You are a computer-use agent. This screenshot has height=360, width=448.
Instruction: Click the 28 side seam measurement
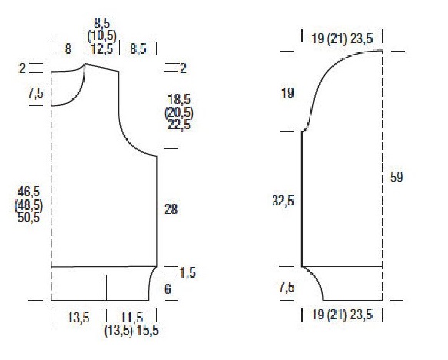pos(171,209)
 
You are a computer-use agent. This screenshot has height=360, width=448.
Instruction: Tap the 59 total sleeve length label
pos(397,177)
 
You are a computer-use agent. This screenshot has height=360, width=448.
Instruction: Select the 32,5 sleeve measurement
pos(283,201)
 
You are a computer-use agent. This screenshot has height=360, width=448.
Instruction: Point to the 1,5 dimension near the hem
pos(187,272)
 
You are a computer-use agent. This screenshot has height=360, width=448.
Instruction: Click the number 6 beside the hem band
pos(168,289)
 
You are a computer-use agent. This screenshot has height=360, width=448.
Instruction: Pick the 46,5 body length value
pos(28,192)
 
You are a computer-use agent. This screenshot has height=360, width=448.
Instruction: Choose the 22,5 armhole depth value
pos(179,125)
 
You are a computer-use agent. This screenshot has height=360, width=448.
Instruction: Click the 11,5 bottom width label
pos(131,318)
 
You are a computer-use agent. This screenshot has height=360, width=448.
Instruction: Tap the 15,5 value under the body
pos(148,331)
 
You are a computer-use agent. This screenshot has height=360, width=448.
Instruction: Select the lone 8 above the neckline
pos(68,49)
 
